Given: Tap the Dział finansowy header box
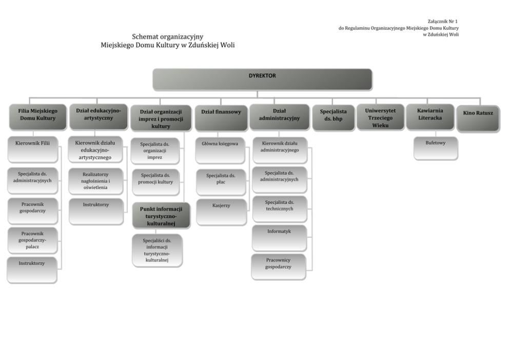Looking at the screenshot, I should point(221,117).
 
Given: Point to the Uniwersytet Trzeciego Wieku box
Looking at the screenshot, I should point(380,117).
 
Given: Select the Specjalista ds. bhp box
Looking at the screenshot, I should point(333,117).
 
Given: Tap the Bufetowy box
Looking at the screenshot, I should point(436,147).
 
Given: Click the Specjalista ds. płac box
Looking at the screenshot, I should point(221,181).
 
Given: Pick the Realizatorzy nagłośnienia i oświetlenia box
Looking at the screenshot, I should point(95,181).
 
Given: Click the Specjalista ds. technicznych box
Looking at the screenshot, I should point(280,208).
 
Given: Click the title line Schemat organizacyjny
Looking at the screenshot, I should point(168,36).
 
